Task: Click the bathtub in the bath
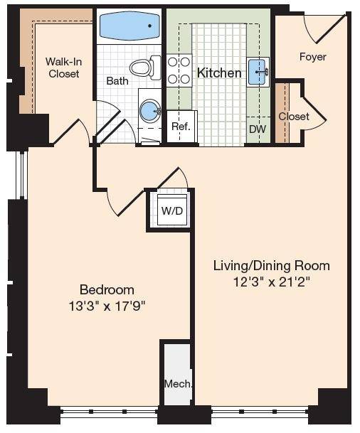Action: (129, 26)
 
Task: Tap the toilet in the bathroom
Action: (145, 68)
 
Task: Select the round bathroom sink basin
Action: (150, 111)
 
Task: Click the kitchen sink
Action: (258, 72)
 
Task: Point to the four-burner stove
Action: (179, 70)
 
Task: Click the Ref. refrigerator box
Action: (181, 127)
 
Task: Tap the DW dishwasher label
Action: (258, 129)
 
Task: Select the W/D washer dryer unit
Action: (172, 210)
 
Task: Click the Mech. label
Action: (178, 384)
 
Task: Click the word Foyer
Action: (313, 57)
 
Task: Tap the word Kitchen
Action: (219, 73)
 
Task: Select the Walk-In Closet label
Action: (64, 68)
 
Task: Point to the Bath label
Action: (117, 81)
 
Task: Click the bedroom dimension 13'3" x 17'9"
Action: (107, 306)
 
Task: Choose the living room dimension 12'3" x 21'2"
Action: (272, 282)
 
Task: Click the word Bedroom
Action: (107, 290)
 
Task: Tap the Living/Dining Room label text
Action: (272, 266)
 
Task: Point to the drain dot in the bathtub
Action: (149, 26)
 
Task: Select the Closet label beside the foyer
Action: (294, 117)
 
